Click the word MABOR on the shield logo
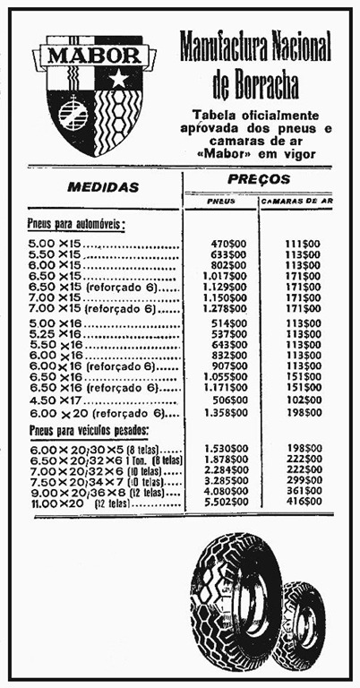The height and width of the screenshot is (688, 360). coord(87,54)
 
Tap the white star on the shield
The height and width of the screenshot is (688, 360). coord(118,79)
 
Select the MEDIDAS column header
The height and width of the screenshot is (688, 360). coord(104,187)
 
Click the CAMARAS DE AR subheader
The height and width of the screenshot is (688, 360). coord(297,202)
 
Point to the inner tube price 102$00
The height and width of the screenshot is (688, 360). coord(303,400)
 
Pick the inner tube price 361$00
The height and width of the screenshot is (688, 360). coord(303,492)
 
